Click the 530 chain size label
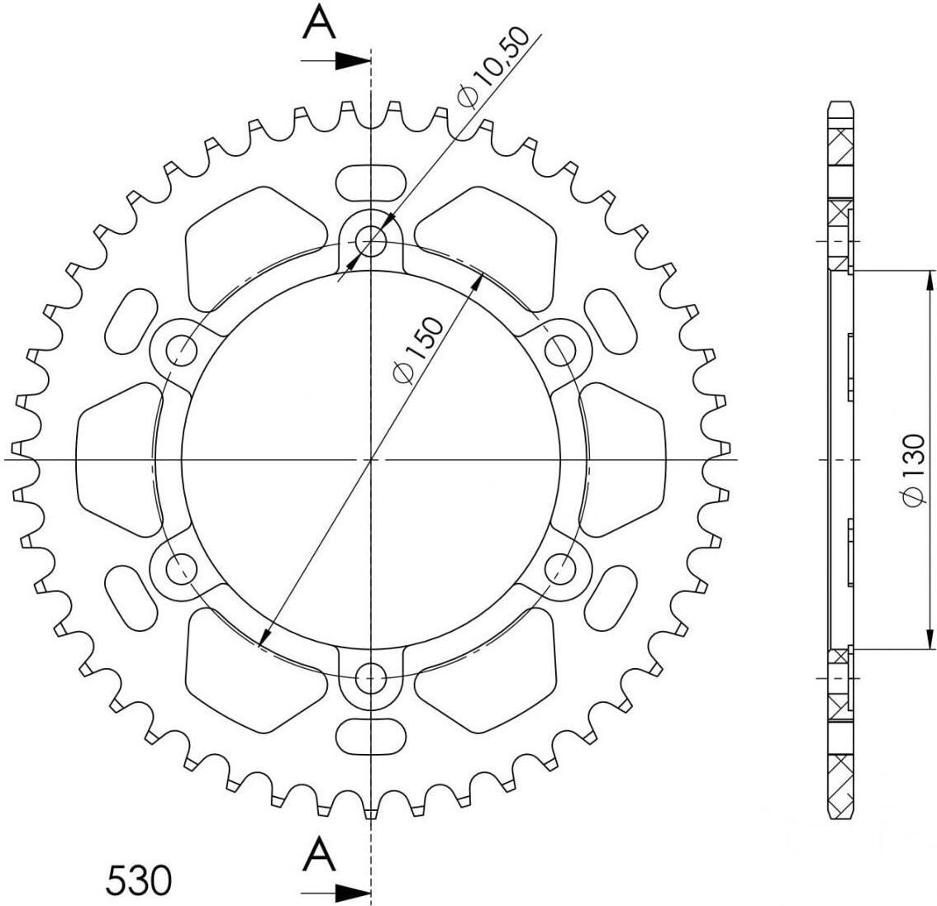click(139, 880)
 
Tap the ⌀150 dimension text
click(419, 349)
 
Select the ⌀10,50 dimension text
click(492, 68)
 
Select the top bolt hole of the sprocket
click(371, 240)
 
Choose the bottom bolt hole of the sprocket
click(371, 678)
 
